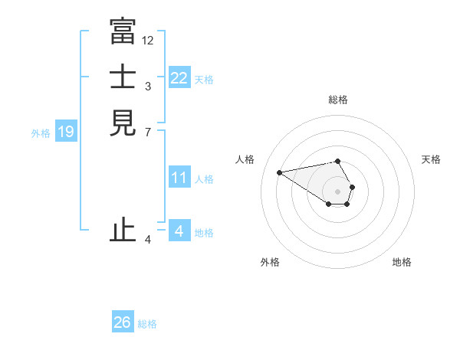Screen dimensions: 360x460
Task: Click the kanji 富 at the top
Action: click(x=123, y=31)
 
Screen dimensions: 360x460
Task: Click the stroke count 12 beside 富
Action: click(x=148, y=40)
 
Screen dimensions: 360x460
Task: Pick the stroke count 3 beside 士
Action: click(x=147, y=86)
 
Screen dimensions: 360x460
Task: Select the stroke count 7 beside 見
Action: click(x=147, y=132)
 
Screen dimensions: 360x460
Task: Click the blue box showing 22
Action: click(x=179, y=77)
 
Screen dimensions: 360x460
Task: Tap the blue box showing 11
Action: click(x=179, y=178)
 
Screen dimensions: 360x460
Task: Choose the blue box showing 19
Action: click(x=66, y=132)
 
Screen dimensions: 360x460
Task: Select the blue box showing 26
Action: click(x=123, y=322)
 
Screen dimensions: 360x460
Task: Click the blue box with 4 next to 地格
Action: click(x=179, y=231)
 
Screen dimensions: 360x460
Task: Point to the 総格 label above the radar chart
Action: click(x=338, y=100)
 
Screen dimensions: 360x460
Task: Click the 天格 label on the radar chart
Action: click(x=431, y=159)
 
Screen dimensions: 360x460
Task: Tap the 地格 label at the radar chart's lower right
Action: click(x=402, y=262)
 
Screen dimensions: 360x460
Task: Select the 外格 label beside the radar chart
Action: click(x=270, y=262)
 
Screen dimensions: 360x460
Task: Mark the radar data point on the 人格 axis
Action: click(x=280, y=172)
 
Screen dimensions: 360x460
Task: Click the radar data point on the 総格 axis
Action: click(x=338, y=161)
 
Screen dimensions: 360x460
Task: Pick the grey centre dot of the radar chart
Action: click(x=338, y=191)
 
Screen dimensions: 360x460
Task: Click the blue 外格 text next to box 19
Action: click(x=41, y=133)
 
